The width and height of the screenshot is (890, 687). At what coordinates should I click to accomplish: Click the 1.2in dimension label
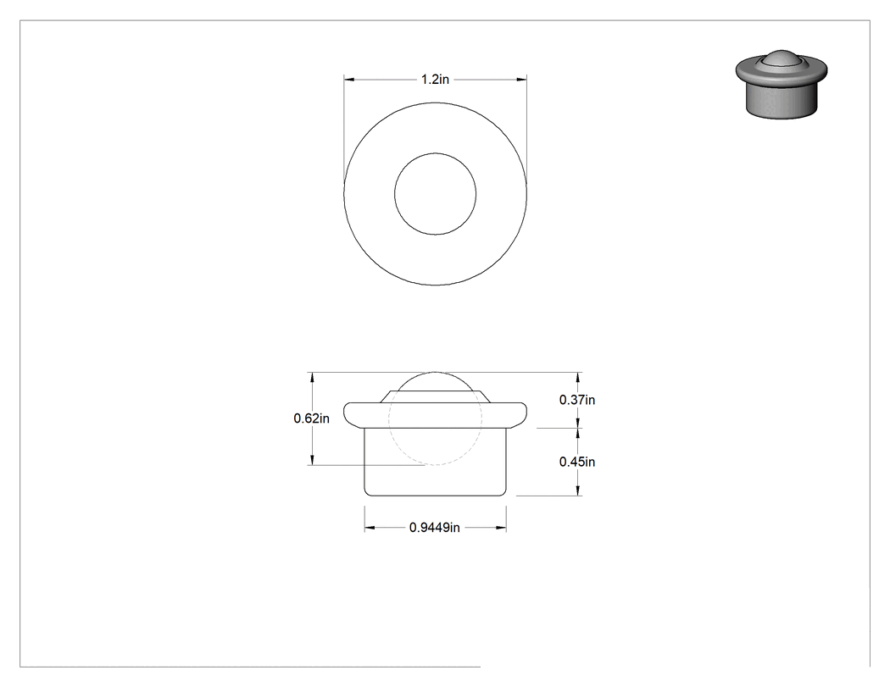coord(435,80)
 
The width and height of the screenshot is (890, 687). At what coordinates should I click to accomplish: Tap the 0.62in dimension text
coord(311,418)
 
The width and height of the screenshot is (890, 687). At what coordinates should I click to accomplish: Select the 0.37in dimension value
coord(577,400)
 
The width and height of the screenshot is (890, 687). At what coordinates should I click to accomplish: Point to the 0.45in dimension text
coord(577,462)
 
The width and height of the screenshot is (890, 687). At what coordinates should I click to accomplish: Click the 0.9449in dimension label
coord(435,528)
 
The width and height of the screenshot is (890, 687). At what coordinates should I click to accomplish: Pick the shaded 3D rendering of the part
coord(782,84)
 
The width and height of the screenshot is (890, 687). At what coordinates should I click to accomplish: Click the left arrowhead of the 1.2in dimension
coord(349,80)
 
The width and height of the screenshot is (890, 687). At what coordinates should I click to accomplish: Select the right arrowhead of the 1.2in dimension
coord(521,80)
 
